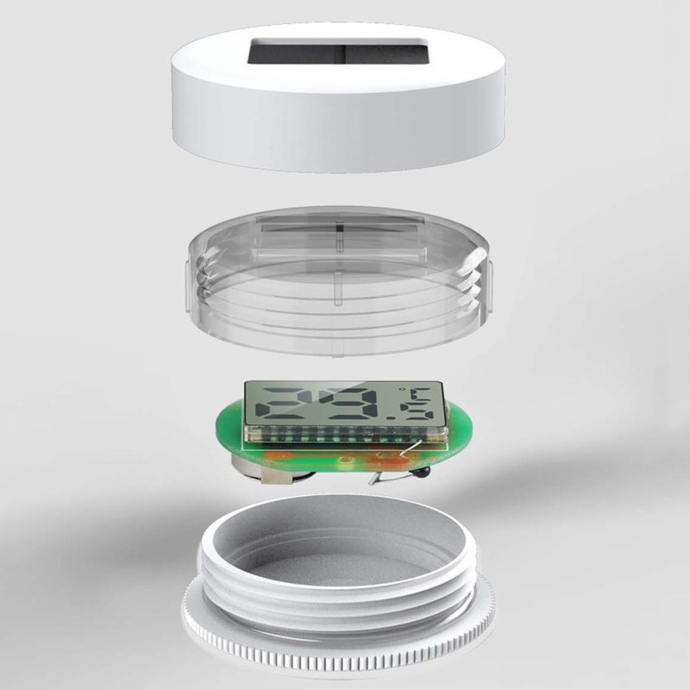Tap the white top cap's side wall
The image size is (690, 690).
(338, 132)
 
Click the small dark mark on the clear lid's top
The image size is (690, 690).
(339, 227)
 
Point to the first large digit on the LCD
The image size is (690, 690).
(283, 404)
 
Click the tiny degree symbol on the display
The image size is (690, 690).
(401, 389)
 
